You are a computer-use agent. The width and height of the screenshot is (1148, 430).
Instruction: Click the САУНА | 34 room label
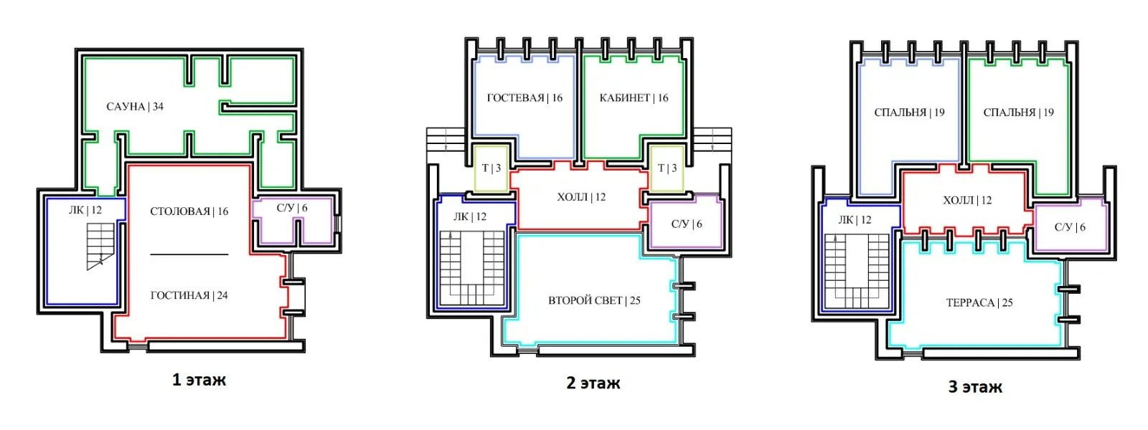click(135, 107)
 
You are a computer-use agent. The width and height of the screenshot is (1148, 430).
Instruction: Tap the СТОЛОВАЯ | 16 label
click(189, 211)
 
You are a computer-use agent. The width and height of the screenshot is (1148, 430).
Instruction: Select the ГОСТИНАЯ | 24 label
click(189, 295)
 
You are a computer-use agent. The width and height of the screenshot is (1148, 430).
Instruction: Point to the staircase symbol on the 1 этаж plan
click(100, 247)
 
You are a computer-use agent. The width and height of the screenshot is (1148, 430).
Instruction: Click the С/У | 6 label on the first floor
click(292, 208)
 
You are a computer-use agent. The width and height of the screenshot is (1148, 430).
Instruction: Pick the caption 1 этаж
click(199, 380)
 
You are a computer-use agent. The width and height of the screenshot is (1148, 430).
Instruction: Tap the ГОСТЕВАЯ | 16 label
click(524, 97)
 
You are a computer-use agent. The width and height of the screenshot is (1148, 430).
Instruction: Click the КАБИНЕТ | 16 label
click(634, 97)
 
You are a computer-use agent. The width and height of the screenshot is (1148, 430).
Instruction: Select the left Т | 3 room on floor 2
click(491, 168)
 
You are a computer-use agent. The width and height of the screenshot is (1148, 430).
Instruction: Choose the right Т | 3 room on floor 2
click(667, 168)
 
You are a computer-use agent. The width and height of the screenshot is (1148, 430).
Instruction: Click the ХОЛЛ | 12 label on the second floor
click(582, 197)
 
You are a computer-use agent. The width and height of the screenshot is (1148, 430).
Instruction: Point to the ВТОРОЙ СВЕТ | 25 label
click(595, 300)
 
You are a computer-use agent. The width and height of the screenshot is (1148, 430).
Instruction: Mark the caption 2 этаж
click(593, 383)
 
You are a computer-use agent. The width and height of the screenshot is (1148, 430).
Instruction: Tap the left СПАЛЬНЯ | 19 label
click(909, 113)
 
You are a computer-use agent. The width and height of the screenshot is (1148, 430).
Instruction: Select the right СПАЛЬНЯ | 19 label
click(1018, 113)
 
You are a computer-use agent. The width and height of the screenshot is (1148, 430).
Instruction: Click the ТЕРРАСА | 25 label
click(979, 302)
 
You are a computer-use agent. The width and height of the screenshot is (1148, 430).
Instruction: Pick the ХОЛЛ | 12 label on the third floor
click(968, 201)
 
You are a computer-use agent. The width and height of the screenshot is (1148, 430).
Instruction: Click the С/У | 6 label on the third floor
click(1070, 227)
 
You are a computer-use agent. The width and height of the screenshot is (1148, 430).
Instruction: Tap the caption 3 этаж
click(975, 386)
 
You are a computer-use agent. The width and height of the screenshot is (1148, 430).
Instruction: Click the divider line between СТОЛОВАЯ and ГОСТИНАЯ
click(189, 254)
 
